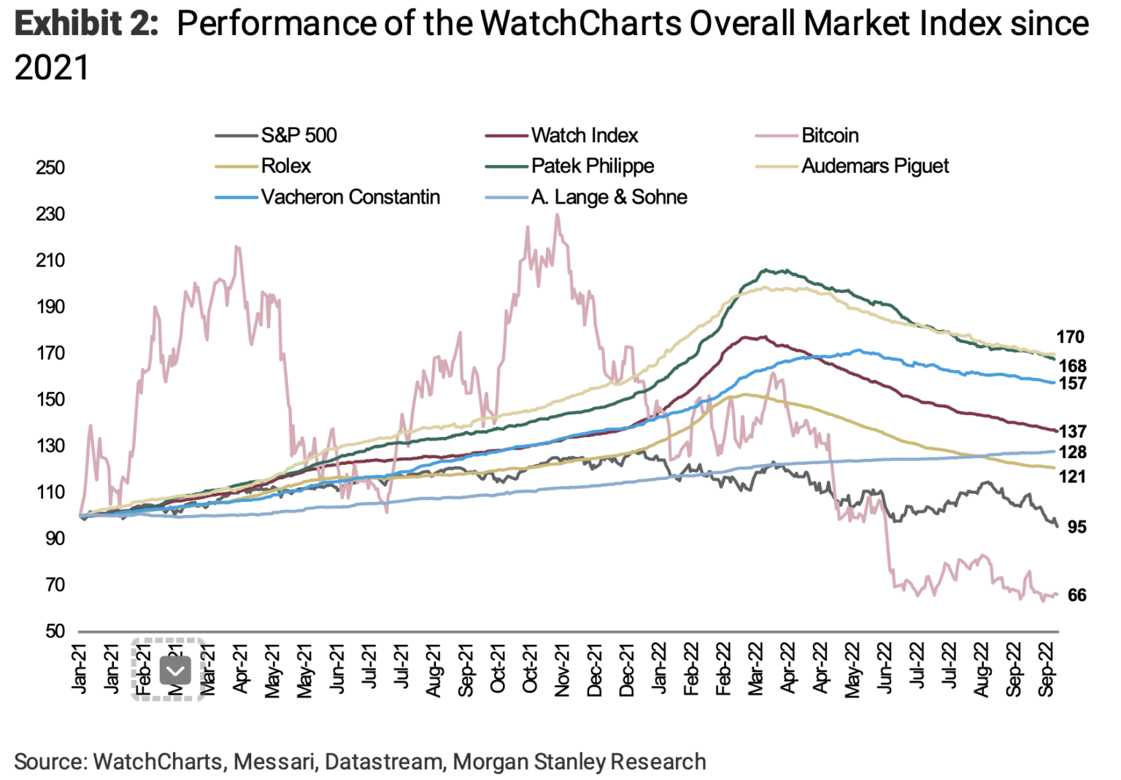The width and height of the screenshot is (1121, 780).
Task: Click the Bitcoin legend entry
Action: pos(829,136)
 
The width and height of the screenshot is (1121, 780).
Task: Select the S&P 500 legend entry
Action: pos(298,136)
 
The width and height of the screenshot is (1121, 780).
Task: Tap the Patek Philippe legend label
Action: pos(592,166)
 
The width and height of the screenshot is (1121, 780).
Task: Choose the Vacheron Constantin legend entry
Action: pos(350,197)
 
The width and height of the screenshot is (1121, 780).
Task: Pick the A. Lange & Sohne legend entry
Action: pos(609,197)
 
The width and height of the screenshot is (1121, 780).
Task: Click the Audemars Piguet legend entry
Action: pos(874,166)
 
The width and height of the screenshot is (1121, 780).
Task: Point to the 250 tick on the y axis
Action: pos(50,168)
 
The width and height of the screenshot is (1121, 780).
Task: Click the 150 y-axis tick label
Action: pos(50,399)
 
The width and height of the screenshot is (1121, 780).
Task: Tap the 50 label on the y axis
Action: pos(55,630)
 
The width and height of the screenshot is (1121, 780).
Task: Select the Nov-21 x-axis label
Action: pos(562,670)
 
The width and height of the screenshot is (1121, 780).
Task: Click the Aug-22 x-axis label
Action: pos(982,670)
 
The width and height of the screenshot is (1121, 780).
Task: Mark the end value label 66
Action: pos(1076,595)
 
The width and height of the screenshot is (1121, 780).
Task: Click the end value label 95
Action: pos(1076,527)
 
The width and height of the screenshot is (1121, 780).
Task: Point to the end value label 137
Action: pos(1073,432)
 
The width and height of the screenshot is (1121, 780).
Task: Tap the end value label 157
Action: pos(1073,384)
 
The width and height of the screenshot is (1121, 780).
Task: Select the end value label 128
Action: pos(1073,452)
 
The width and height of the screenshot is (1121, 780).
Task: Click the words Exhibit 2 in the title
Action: pos(86,25)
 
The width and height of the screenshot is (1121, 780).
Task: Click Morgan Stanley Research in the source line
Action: pos(579,762)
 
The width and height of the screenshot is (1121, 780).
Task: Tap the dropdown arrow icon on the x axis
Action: pos(175,670)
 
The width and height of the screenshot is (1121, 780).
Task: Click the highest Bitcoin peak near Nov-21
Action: pos(557,216)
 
